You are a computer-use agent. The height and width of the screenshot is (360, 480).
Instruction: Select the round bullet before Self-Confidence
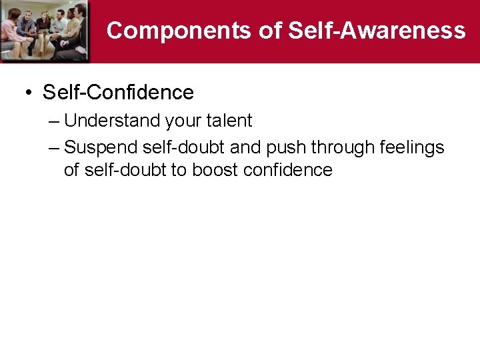tap(29, 93)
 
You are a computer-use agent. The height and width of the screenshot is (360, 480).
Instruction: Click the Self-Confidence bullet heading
tap(118, 92)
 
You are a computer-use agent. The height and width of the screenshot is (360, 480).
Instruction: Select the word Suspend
tap(101, 147)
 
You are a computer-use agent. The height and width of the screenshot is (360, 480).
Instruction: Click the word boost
tap(215, 170)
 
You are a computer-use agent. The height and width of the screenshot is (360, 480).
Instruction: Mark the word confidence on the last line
tap(288, 170)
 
